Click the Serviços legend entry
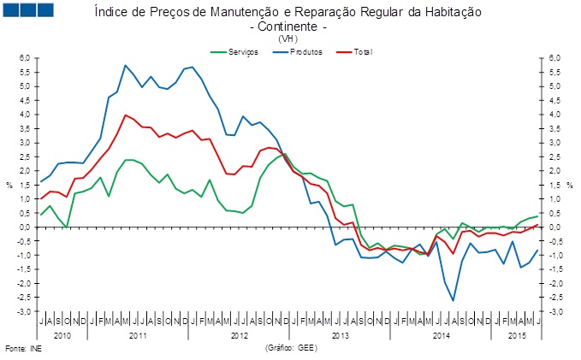pyautogui.click(x=234, y=52)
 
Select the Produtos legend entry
pyautogui.click(x=297, y=52)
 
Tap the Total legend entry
pyautogui.click(x=354, y=52)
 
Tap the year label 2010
pyautogui.click(x=62, y=336)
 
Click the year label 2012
pyautogui.click(x=240, y=336)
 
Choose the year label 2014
pyautogui.click(x=442, y=336)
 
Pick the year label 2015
pyautogui.click(x=518, y=336)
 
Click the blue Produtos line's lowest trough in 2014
pyautogui.click(x=454, y=300)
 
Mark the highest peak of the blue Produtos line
pyautogui.click(x=126, y=66)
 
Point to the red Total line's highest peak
pyautogui.click(x=126, y=115)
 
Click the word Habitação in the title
pyautogui.click(x=454, y=12)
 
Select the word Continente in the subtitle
pyautogui.click(x=288, y=27)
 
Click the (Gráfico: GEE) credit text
pyautogui.click(x=291, y=348)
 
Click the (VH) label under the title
pyautogui.click(x=288, y=38)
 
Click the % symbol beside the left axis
pyautogui.click(x=9, y=186)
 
